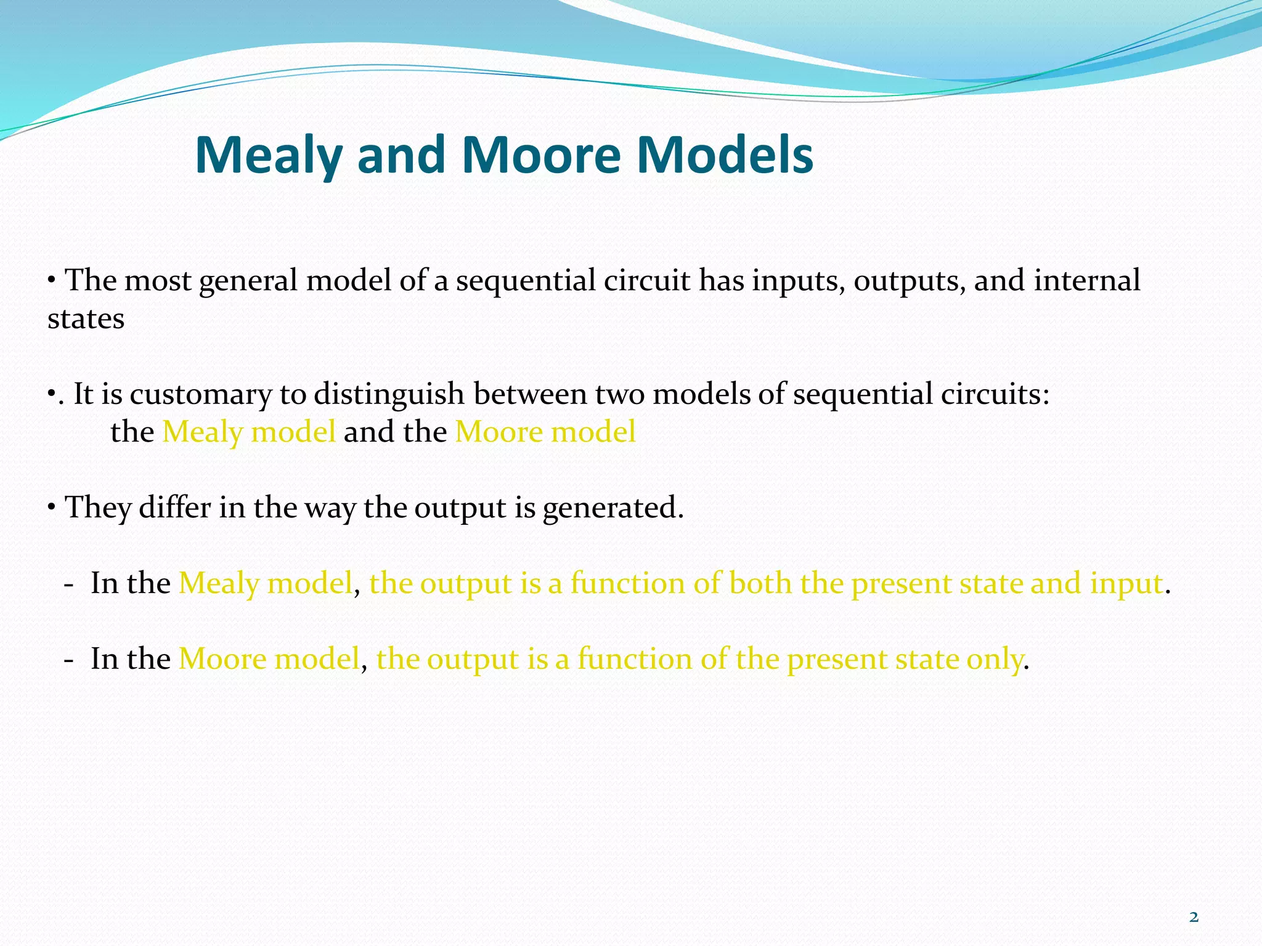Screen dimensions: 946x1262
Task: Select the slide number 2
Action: click(x=1194, y=917)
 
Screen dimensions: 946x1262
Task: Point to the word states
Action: click(x=86, y=319)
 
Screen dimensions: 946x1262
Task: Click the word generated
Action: click(x=613, y=509)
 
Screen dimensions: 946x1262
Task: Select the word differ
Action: click(x=175, y=507)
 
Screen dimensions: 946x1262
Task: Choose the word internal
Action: click(x=1087, y=281)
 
